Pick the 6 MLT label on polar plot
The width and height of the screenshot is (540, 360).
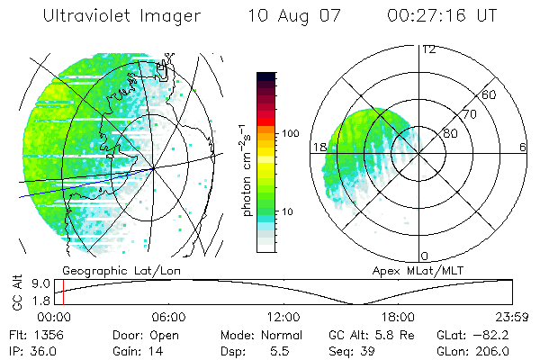click(523, 147)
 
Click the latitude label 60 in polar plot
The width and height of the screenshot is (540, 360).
click(490, 94)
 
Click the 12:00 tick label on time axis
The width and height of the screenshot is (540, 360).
click(283, 317)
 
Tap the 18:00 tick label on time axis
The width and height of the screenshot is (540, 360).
click(398, 317)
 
